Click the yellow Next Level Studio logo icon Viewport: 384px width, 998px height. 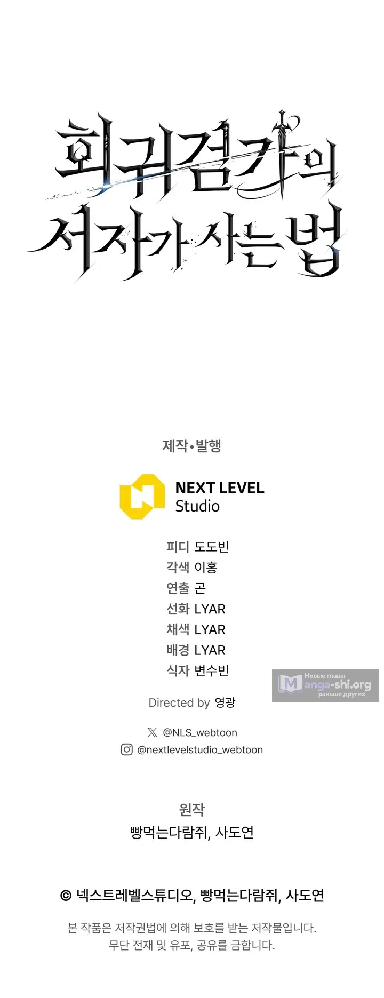pos(142,497)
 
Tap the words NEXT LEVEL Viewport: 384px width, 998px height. pos(220,488)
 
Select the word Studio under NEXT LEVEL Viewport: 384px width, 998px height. pos(197,506)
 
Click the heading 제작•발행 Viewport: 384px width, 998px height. pos(192,445)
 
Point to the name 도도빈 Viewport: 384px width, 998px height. pos(212,547)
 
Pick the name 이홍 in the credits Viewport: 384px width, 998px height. pos(206,568)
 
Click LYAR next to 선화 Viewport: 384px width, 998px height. pos(210,609)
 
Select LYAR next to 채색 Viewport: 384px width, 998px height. pos(210,630)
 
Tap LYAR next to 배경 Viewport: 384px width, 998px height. pos(210,651)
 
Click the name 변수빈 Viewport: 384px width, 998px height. pos(212,670)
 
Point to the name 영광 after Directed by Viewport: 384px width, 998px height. pos(225,702)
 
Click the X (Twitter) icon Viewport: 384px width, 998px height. pos(152,732)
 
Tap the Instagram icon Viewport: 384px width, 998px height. pos(126,749)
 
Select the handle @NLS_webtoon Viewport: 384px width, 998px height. pos(200,733)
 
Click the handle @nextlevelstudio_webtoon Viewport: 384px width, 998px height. pos(200,750)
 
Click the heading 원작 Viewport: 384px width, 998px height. pos(192,810)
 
